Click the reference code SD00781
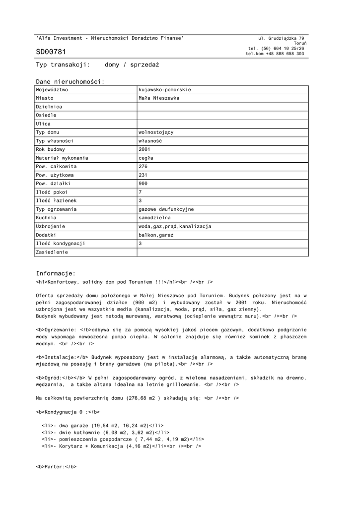point(51,52)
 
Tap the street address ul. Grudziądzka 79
point(281,38)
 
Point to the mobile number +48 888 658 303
point(285,54)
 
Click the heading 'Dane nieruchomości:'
point(70,81)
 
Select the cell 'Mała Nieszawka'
point(159,98)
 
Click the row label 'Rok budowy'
point(50,149)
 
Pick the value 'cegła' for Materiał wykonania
point(146,158)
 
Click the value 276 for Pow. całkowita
point(144,166)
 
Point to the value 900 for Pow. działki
point(144,184)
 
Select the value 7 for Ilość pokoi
point(141,192)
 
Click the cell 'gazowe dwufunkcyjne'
point(166,209)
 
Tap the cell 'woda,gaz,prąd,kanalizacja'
point(175,226)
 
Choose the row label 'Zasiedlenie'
point(52,252)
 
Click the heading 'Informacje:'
point(56,273)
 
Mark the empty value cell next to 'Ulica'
point(222,124)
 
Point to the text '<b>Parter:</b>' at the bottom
point(56,467)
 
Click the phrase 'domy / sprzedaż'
point(132,65)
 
